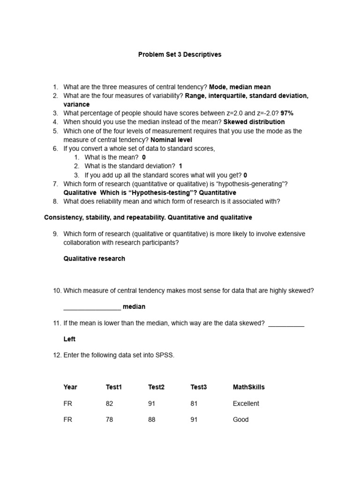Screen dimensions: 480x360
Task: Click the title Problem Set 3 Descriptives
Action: tap(180, 55)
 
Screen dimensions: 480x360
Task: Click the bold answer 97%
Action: tap(287, 113)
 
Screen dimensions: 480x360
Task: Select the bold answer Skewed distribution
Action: tap(254, 122)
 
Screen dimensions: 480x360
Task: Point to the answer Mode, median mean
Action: tap(240, 87)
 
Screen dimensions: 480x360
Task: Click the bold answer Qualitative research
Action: tap(94, 259)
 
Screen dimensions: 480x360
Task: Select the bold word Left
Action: tap(69, 339)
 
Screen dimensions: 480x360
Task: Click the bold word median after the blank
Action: tap(134, 307)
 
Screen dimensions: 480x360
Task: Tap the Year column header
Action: tap(70, 387)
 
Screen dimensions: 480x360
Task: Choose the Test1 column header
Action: tap(114, 387)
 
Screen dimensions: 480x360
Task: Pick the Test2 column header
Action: tap(156, 387)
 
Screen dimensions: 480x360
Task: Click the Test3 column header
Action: tap(198, 387)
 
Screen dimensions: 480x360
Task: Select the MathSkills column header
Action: tap(248, 387)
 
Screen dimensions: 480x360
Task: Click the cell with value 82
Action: tap(110, 404)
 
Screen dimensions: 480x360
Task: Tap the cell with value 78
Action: tap(110, 420)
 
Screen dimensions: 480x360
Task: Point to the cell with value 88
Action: tap(152, 420)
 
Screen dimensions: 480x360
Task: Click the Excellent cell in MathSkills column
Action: tap(246, 404)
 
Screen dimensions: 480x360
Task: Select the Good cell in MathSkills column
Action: tap(240, 420)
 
